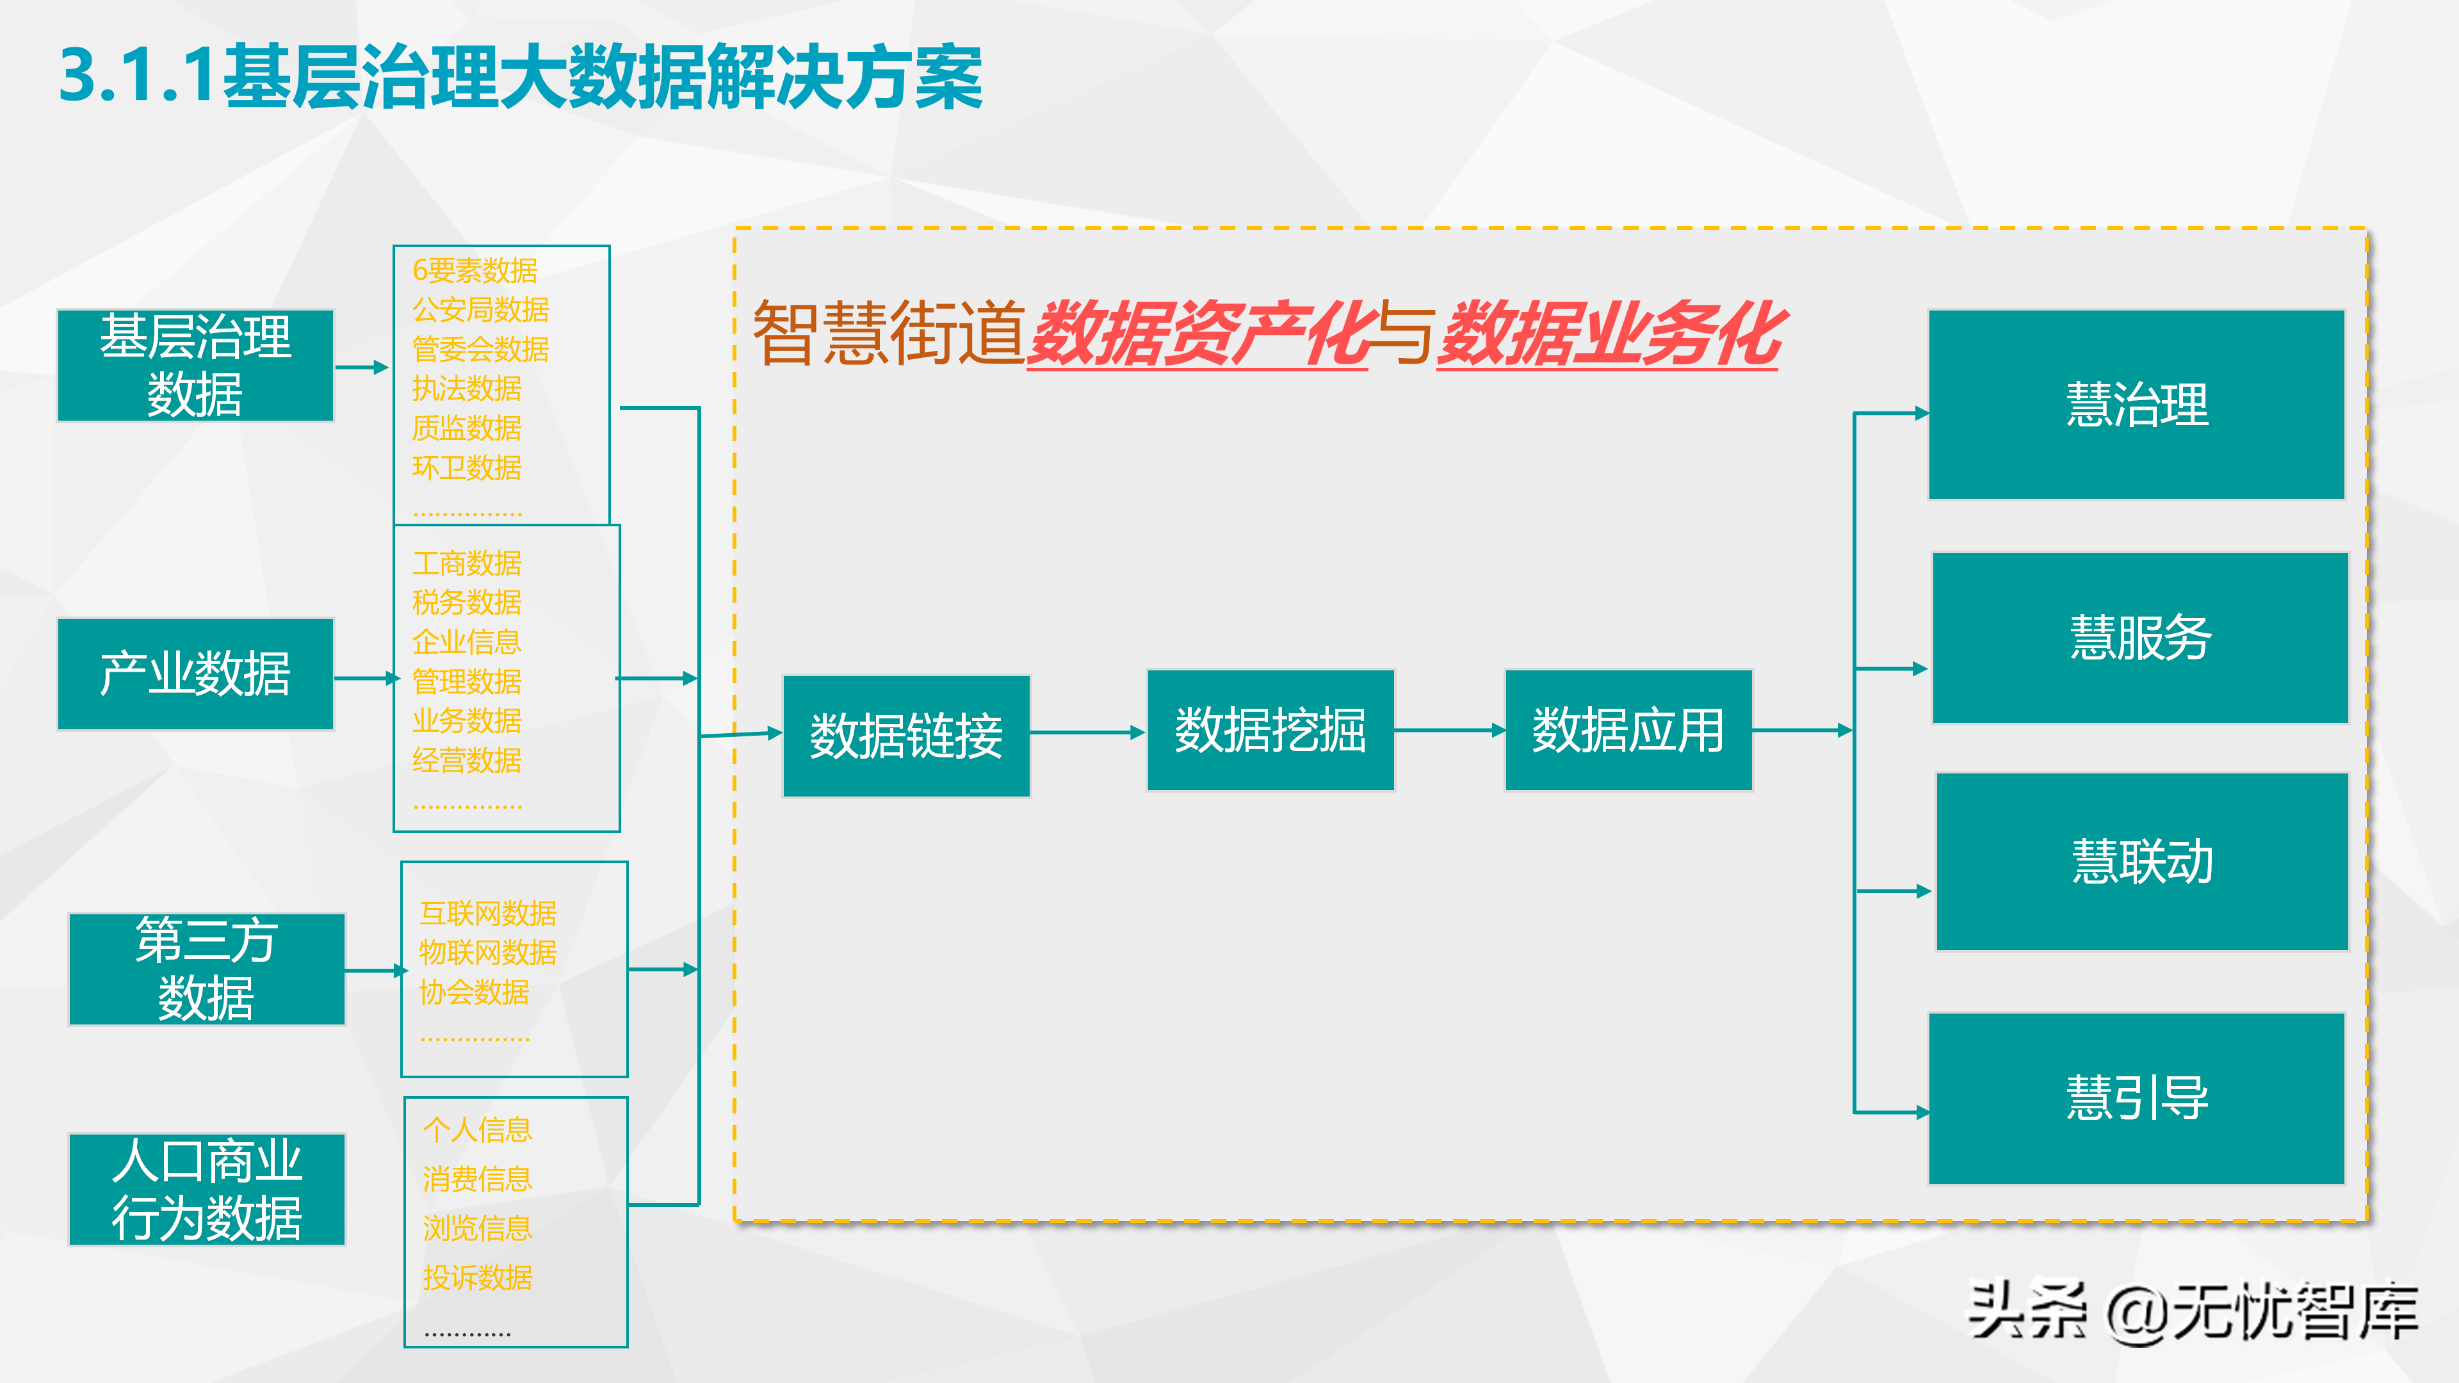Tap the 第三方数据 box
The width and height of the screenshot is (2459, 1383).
tap(206, 969)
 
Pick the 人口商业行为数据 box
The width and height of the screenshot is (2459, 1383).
tap(206, 1189)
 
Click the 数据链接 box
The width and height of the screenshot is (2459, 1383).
tap(906, 736)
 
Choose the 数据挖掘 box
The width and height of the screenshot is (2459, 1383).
tap(1270, 730)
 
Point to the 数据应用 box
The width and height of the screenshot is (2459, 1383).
tap(1628, 730)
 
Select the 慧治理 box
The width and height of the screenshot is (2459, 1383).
tap(2136, 404)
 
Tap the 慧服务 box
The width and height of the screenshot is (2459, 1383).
tap(2139, 638)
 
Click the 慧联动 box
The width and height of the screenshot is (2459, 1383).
tap(2141, 861)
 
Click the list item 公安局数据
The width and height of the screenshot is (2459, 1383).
tap(480, 310)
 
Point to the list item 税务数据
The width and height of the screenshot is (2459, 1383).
tap(467, 603)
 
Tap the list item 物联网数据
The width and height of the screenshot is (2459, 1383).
tap(488, 953)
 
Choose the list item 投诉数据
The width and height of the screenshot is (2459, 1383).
tap(477, 1277)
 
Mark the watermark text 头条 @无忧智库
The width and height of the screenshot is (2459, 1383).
tap(2192, 1311)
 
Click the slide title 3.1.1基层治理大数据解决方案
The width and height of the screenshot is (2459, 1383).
tap(520, 76)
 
